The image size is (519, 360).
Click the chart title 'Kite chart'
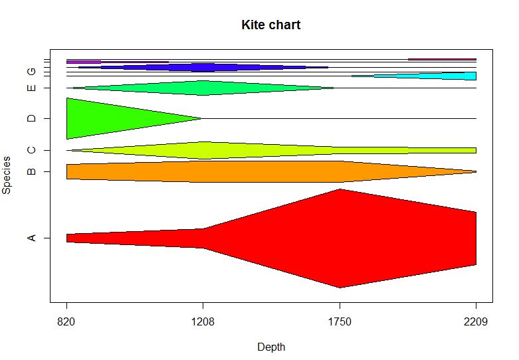[270, 26]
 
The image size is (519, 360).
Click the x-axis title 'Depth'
[270, 346]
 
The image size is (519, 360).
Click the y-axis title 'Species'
[7, 175]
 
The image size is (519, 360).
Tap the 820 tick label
[66, 323]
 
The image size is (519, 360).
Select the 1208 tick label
[203, 323]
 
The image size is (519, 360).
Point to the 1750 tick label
[340, 323]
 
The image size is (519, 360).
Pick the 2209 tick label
[476, 323]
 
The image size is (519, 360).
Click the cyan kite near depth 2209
[459, 76]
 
